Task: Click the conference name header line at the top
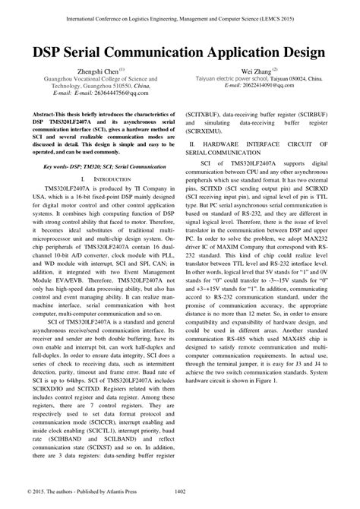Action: pyautogui.click(x=180, y=14)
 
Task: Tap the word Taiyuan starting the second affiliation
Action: pyautogui.click(x=228, y=77)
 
